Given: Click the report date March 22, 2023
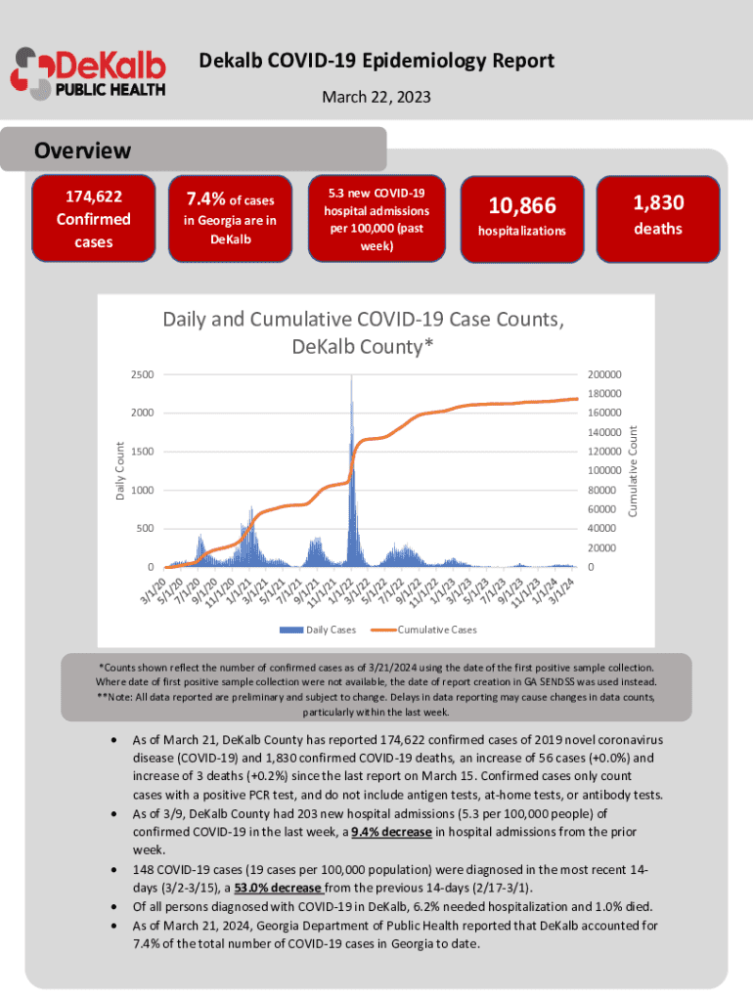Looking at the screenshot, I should click(x=376, y=98).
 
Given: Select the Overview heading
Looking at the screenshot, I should click(x=82, y=151).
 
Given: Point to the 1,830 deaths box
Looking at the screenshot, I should click(x=658, y=216).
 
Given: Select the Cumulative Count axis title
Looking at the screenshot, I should click(x=633, y=470).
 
